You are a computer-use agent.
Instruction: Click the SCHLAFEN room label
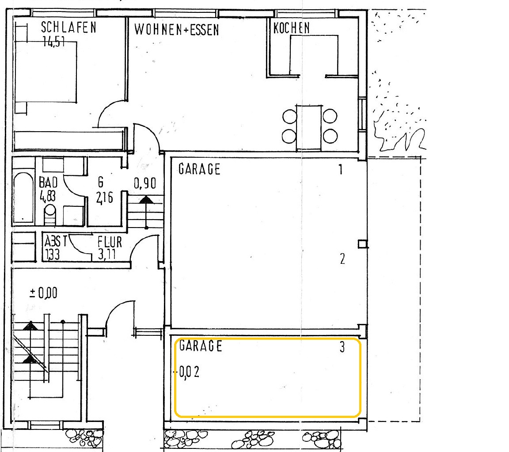click(x=68, y=27)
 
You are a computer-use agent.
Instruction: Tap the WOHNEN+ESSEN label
click(x=177, y=30)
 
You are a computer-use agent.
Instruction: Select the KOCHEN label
click(x=292, y=28)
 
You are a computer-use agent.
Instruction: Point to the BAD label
click(x=48, y=182)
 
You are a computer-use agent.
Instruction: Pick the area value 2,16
click(x=105, y=198)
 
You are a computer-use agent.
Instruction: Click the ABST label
click(x=56, y=241)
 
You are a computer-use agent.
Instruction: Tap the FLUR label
click(x=110, y=242)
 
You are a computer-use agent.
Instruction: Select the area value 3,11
click(x=107, y=254)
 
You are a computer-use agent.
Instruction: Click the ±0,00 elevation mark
click(x=43, y=293)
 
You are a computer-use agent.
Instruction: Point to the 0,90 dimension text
click(x=145, y=183)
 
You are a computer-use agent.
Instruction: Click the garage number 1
click(x=341, y=169)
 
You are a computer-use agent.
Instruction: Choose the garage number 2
click(x=342, y=259)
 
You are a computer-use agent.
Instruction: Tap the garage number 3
click(x=342, y=347)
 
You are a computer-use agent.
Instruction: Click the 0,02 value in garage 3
click(x=189, y=372)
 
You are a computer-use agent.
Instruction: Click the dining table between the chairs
click(x=309, y=127)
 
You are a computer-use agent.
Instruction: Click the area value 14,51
click(x=54, y=42)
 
